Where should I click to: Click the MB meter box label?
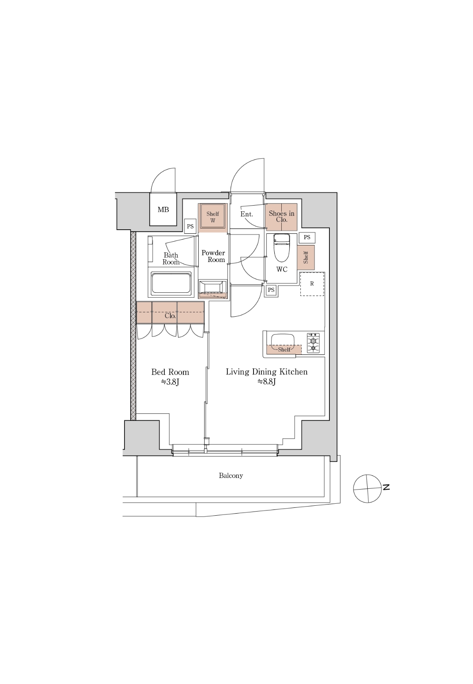click(163, 210)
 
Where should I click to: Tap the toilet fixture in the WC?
click(281, 247)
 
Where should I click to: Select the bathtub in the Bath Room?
click(171, 284)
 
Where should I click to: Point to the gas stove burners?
click(313, 343)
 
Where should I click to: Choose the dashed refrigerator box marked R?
click(312, 284)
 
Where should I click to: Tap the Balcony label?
click(231, 475)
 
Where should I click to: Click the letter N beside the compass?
click(386, 487)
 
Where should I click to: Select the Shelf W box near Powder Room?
click(213, 217)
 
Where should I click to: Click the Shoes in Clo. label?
click(281, 216)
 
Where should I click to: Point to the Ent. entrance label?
click(246, 214)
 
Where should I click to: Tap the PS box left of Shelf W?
click(190, 227)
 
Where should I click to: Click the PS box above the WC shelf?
click(307, 237)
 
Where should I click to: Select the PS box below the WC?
click(271, 290)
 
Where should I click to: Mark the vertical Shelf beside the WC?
click(305, 257)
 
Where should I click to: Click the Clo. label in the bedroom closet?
click(170, 316)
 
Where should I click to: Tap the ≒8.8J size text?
click(266, 382)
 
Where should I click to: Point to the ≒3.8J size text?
click(170, 382)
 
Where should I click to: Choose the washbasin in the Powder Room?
click(213, 288)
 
